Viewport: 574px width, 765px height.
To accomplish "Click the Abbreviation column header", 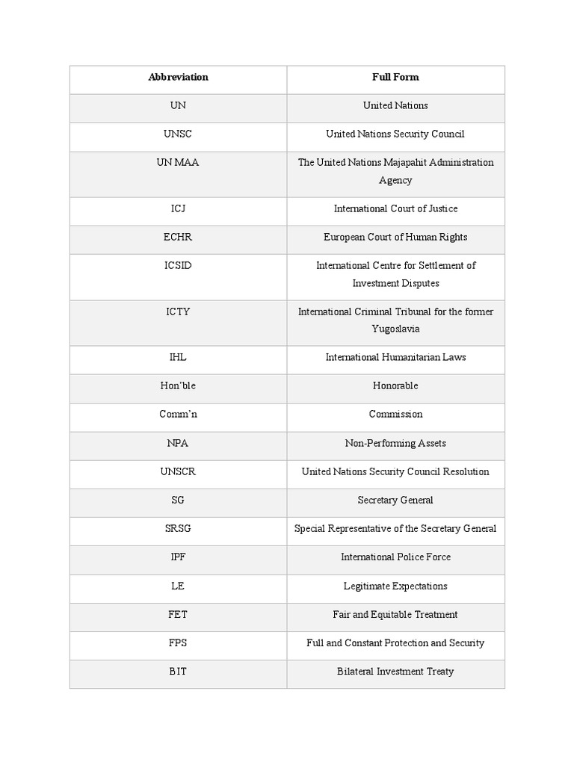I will click(178, 77).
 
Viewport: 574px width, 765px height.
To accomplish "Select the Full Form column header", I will click(395, 77).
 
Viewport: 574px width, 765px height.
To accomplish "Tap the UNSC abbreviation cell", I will click(178, 134).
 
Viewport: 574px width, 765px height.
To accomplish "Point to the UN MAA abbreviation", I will click(178, 162).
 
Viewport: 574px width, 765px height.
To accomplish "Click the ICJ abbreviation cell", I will click(178, 208).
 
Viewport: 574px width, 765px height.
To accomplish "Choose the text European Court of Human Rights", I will click(395, 237).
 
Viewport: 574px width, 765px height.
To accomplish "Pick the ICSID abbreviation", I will click(178, 265).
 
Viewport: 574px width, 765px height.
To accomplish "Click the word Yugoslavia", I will click(395, 329).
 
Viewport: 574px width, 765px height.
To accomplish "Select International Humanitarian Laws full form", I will click(395, 357).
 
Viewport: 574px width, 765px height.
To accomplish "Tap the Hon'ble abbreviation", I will click(178, 385).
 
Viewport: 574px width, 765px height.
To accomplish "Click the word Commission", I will click(395, 414).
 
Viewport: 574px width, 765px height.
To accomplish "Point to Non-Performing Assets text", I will click(395, 443).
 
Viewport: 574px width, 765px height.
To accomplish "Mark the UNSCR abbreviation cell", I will click(178, 471).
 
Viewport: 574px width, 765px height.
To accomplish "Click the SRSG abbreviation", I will click(178, 528).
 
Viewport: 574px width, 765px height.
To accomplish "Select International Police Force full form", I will click(395, 557).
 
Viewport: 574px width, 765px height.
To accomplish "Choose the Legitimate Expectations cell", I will click(395, 586).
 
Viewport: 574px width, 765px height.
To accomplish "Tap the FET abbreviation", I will click(178, 614).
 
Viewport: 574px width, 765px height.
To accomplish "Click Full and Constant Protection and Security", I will click(395, 642).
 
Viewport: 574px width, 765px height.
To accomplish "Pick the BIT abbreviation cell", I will click(178, 671).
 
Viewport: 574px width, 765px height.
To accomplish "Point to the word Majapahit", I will click(409, 162).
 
